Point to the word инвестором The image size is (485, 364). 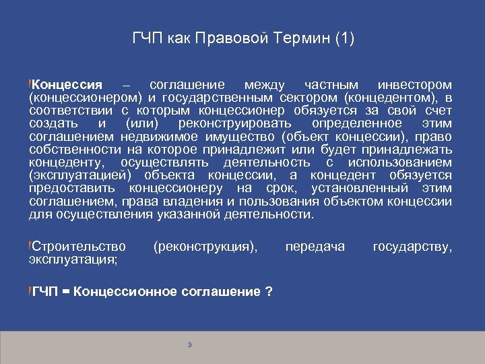(415, 86)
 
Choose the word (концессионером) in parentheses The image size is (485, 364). (83, 98)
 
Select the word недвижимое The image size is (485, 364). (154, 137)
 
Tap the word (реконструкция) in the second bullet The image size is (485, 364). (205, 247)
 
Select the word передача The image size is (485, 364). (315, 247)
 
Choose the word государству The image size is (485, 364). (412, 247)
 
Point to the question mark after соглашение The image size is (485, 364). (269, 291)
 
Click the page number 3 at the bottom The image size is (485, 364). (190, 345)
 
